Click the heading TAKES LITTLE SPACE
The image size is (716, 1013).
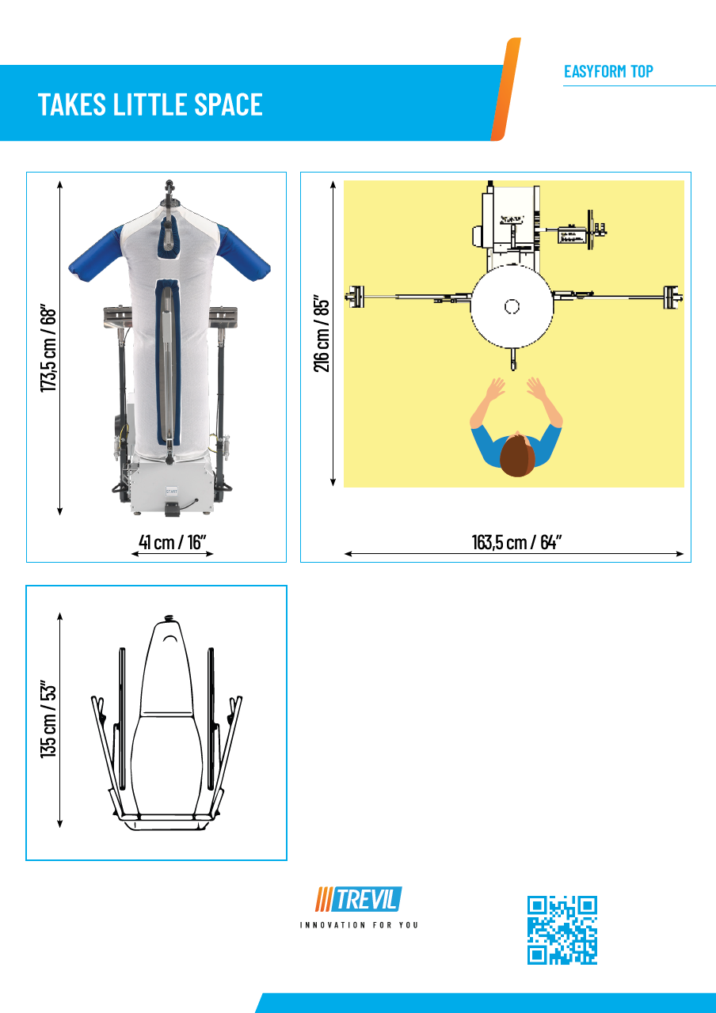(x=150, y=104)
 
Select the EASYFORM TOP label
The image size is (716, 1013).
(x=608, y=71)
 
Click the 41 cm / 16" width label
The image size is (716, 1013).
(x=173, y=542)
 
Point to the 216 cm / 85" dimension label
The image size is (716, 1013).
(x=322, y=333)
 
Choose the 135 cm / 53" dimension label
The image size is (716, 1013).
(x=49, y=718)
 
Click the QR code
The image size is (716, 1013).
(x=562, y=930)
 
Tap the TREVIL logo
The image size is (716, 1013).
(x=359, y=899)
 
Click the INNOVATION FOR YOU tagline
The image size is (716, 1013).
(x=359, y=925)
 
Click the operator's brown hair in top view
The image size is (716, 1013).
(x=516, y=457)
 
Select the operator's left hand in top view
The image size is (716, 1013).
(x=495, y=390)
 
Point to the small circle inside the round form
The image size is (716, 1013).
(x=512, y=306)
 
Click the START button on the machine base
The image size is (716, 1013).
(x=171, y=491)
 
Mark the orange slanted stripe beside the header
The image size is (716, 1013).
(x=505, y=89)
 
